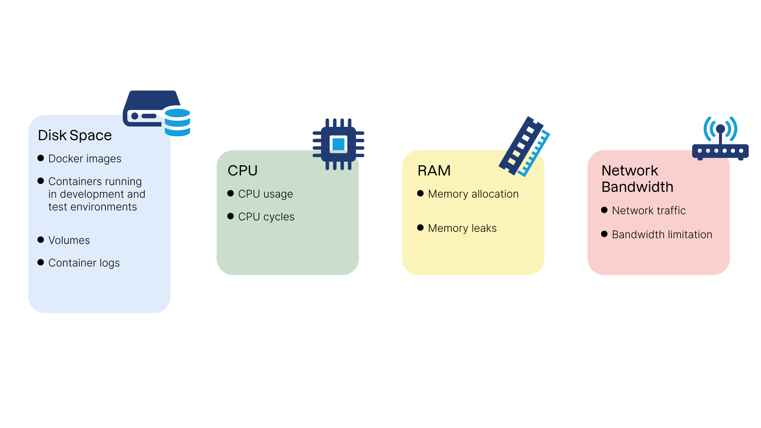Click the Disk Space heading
coord(75,136)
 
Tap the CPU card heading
coord(242,170)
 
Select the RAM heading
coord(434,170)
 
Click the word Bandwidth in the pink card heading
coord(637,187)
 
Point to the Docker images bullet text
coord(84,159)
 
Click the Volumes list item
coord(69,240)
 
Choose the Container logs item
coord(84,263)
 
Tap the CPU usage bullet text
coord(265,194)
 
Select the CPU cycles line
coord(266,217)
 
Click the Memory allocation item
coord(473,194)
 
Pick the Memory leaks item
coord(462,228)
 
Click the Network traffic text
coord(648,210)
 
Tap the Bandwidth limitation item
coord(662,235)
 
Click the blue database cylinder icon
coord(177,122)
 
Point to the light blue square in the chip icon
coord(338,144)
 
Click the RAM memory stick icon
coord(524,147)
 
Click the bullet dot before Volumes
coord(40,240)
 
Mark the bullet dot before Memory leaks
coord(421,227)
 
